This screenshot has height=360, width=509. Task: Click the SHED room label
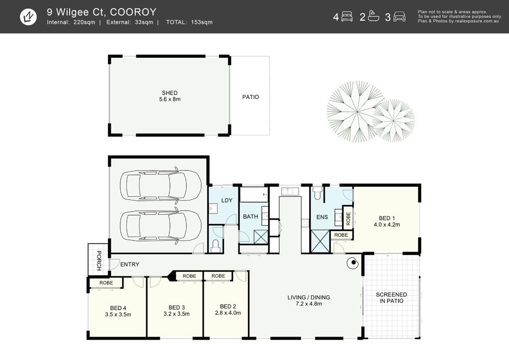pyautogui.click(x=170, y=93)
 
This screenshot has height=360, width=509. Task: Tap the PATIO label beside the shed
pyautogui.click(x=251, y=97)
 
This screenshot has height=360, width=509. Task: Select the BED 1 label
pyautogui.click(x=387, y=218)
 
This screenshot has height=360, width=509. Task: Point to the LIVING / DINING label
pyautogui.click(x=309, y=297)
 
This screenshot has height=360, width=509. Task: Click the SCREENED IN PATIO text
pyautogui.click(x=392, y=298)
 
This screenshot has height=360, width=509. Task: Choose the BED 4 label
pyautogui.click(x=118, y=308)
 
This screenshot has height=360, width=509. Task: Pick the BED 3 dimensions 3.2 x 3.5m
pyautogui.click(x=176, y=314)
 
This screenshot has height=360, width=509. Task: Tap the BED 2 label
pyautogui.click(x=228, y=306)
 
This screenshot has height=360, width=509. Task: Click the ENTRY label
pyautogui.click(x=130, y=265)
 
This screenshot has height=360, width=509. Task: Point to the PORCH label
pyautogui.click(x=99, y=261)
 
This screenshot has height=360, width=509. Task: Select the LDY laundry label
pyautogui.click(x=227, y=200)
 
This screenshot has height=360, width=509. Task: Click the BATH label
pyautogui.click(x=251, y=216)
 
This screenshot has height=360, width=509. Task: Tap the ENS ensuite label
pyautogui.click(x=322, y=217)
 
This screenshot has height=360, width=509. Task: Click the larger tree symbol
pyautogui.click(x=357, y=111)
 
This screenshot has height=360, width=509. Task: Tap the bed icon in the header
pyautogui.click(x=347, y=16)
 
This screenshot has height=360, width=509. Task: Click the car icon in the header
pyautogui.click(x=399, y=16)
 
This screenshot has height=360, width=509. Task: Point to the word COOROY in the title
pyautogui.click(x=133, y=12)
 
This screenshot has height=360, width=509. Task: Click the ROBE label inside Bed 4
pyautogui.click(x=106, y=283)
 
